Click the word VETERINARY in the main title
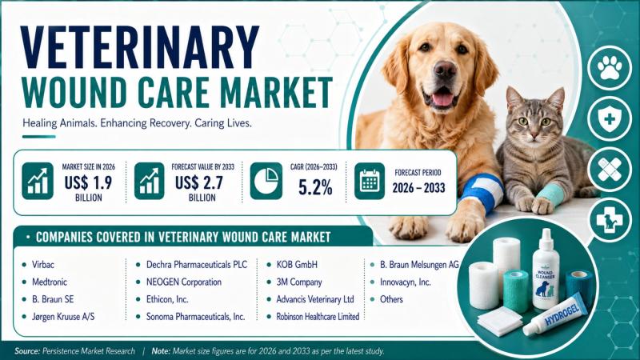(139, 47)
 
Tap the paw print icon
(610, 68)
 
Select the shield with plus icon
(610, 118)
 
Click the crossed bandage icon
(610, 170)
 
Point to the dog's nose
(446, 70)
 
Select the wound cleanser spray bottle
(546, 269)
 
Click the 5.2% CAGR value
(315, 187)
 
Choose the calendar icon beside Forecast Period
(370, 181)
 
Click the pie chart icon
(266, 181)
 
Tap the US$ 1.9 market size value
(88, 182)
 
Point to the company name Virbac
(43, 265)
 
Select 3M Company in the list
(299, 282)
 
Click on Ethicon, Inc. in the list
(167, 299)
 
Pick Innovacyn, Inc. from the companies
(406, 282)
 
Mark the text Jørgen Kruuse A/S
(63, 317)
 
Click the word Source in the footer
(27, 351)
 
